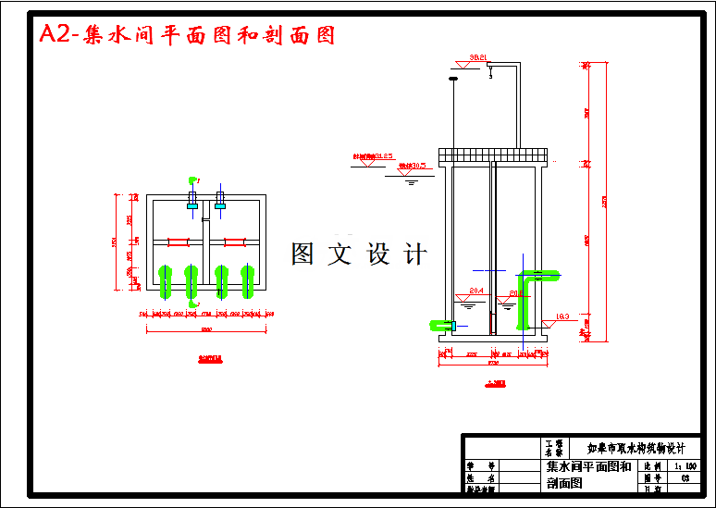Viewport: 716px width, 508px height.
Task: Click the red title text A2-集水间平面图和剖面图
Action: pyautogui.click(x=186, y=35)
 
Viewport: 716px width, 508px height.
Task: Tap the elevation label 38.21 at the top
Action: pyautogui.click(x=478, y=57)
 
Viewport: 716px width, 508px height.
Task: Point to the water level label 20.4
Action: pyautogui.click(x=476, y=291)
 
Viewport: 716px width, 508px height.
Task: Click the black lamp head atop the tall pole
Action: pyautogui.click(x=452, y=78)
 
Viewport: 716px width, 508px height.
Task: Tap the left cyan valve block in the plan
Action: pyautogui.click(x=192, y=206)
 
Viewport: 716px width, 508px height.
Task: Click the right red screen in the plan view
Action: pyautogui.click(x=235, y=242)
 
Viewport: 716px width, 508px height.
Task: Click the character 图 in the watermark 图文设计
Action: pyautogui.click(x=303, y=254)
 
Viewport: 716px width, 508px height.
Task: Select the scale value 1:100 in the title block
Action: pyautogui.click(x=686, y=468)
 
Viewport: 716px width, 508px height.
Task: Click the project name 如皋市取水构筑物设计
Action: pyautogui.click(x=636, y=448)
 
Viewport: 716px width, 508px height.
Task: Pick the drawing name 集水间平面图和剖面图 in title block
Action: pyautogui.click(x=588, y=474)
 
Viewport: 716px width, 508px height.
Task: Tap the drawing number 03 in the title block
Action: pyautogui.click(x=685, y=478)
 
